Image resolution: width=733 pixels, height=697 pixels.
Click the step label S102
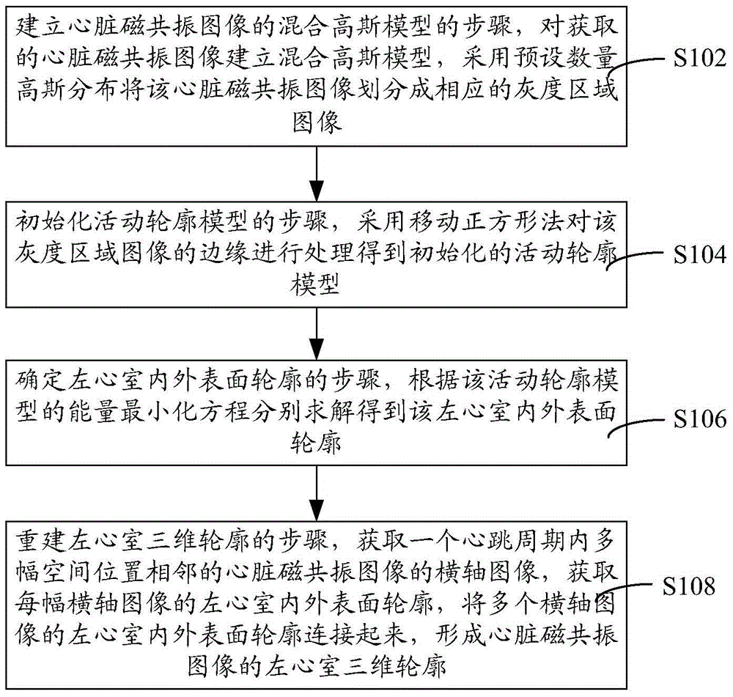[x=699, y=58]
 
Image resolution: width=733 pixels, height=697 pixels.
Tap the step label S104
[x=699, y=255]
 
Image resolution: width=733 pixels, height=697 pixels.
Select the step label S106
[x=699, y=418]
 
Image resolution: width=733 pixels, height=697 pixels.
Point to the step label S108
[x=688, y=586]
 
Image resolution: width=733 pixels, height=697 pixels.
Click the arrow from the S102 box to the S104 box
[x=317, y=174]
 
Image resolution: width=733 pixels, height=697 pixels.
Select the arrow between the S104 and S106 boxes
[x=317, y=333]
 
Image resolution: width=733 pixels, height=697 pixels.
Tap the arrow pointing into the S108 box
[x=317, y=493]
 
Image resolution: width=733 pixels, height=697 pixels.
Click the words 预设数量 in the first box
[x=566, y=58]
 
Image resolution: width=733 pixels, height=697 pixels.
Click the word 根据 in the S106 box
[x=434, y=381]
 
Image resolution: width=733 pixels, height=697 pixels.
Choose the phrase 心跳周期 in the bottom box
[x=514, y=542]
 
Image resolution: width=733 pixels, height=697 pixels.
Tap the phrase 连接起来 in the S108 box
[x=356, y=635]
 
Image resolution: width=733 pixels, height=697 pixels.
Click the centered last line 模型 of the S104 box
[x=315, y=284]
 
